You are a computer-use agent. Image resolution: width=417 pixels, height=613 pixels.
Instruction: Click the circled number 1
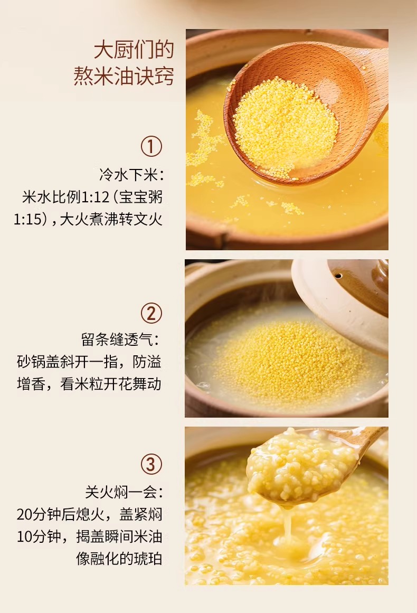151,146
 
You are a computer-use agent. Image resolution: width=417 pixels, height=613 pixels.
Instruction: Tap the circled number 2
151,313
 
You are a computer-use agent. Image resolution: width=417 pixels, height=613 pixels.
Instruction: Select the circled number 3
151,465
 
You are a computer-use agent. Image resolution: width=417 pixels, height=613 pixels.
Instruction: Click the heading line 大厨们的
134,51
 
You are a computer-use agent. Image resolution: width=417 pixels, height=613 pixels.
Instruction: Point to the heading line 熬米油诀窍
124,76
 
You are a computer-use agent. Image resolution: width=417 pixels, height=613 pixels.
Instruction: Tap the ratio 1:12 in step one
94,197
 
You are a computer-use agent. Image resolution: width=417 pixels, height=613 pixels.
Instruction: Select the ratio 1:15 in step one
28,219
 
